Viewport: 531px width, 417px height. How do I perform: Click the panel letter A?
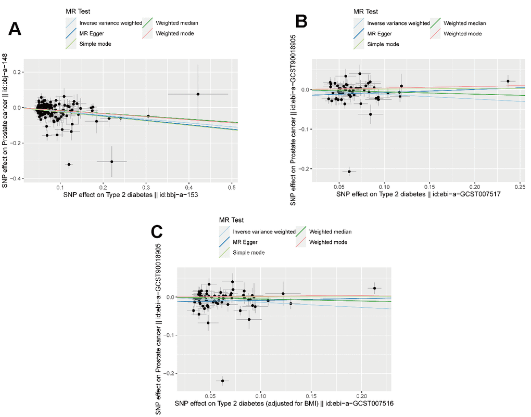(x=15, y=29)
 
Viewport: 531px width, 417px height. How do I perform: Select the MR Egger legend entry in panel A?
(x=92, y=33)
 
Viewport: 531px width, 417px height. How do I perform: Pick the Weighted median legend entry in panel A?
(x=177, y=23)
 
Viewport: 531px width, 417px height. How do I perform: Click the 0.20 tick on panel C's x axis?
(x=361, y=395)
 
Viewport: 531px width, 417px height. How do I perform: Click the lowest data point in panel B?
(x=349, y=171)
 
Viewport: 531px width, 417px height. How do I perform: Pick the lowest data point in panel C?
(x=223, y=381)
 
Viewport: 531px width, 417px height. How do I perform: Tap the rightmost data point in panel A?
(x=198, y=94)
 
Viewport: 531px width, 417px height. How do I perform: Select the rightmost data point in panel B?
(x=508, y=81)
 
